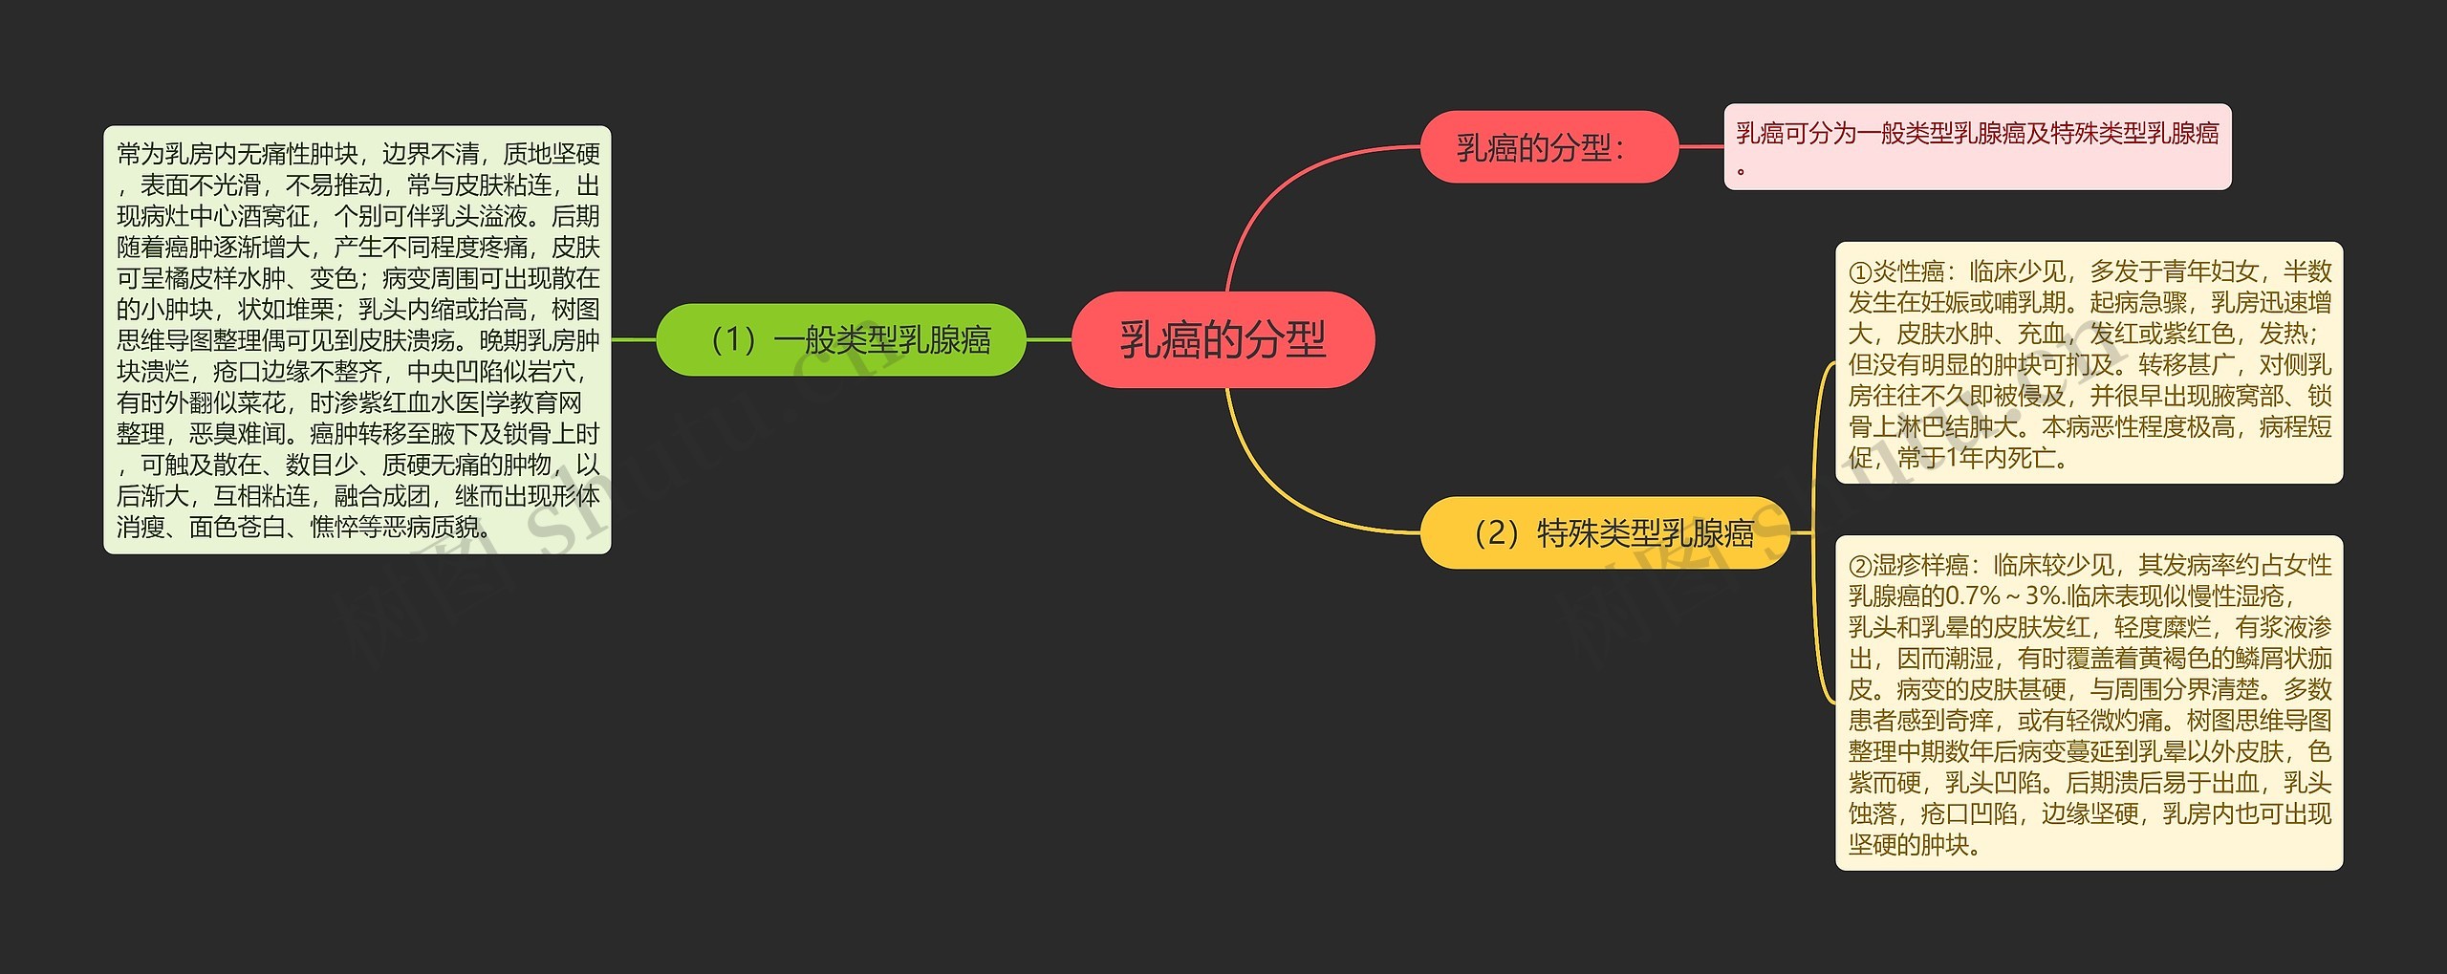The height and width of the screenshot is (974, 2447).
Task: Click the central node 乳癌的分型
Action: (1223, 339)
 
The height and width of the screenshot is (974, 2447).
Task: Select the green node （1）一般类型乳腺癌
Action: (841, 339)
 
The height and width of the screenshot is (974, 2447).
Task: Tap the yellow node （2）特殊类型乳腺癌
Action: (1605, 532)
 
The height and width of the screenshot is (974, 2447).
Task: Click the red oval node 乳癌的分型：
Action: (1548, 147)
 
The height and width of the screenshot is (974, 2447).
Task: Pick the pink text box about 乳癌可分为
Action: (1977, 147)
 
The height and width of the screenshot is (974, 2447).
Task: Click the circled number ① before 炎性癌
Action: (1860, 272)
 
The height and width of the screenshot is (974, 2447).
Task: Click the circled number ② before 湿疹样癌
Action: (1860, 566)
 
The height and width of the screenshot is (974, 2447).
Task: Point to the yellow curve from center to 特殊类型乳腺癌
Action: (1281, 487)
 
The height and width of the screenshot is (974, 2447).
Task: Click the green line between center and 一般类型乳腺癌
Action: (1049, 339)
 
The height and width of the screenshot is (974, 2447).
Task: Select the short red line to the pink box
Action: (1701, 147)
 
